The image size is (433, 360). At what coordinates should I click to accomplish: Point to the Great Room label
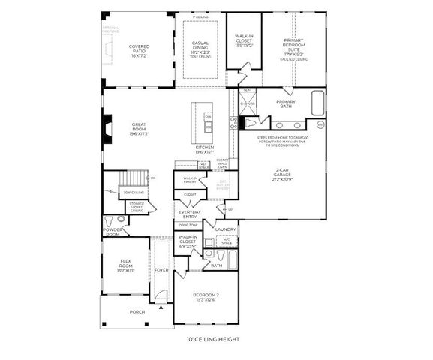pos(138,129)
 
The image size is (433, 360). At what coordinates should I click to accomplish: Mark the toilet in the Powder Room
pos(110,220)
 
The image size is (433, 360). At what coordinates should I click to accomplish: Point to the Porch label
pos(137,312)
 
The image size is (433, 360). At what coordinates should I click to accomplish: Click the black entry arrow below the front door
pos(161,307)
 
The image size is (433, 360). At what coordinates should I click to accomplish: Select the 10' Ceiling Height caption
pos(213,340)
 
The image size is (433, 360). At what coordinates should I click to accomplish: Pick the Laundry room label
pos(226,229)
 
